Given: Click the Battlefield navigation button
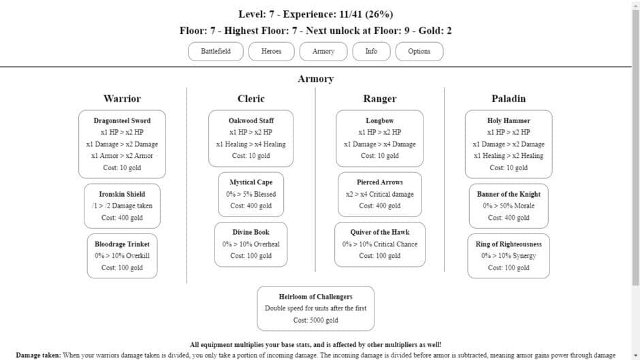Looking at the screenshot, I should tap(216, 52).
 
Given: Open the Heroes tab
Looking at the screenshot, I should tap(271, 52).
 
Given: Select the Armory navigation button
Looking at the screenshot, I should tap(323, 52).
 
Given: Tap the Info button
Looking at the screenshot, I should tap(371, 52).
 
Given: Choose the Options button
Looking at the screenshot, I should tap(419, 52).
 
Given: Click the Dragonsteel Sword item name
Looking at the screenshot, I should tap(122, 120).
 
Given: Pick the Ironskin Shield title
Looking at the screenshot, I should tap(122, 194).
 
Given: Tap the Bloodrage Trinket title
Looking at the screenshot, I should tap(122, 244).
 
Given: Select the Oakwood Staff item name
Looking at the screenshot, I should tap(251, 120).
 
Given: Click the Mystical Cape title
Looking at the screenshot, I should tap(251, 182).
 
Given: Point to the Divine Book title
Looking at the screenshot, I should tap(251, 232).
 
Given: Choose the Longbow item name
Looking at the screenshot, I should tap(379, 120).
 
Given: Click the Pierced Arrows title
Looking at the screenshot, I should tap(379, 182).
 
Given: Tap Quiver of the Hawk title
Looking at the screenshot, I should tap(379, 232).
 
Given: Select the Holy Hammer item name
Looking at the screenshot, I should tap(509, 120).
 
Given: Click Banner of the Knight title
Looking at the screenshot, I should tap(509, 194).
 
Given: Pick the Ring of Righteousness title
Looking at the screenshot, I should tap(509, 244).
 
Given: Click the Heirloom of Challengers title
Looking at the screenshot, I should tap(315, 297).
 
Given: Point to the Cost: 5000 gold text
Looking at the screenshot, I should tap(315, 320).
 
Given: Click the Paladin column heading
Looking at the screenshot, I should tap(509, 99).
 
